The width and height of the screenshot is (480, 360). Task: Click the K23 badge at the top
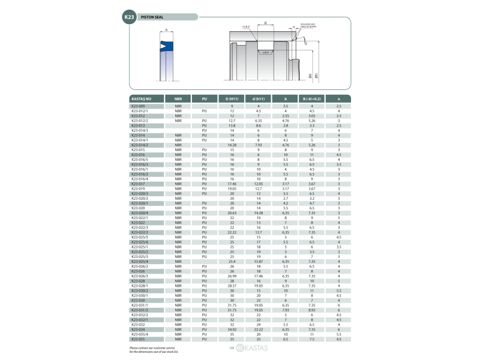pyautogui.click(x=129, y=17)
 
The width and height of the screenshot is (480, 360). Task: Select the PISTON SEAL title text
pyautogui.click(x=152, y=17)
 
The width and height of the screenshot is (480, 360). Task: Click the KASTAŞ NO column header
pyautogui.click(x=142, y=98)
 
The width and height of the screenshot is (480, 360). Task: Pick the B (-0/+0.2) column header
pyautogui.click(x=312, y=98)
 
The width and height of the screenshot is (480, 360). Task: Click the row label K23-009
pyautogui.click(x=139, y=106)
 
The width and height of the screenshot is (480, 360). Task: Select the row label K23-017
pyautogui.click(x=139, y=183)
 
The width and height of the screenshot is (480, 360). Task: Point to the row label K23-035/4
pyautogui.click(x=140, y=334)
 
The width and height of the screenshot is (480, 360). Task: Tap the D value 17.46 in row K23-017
pyautogui.click(x=232, y=183)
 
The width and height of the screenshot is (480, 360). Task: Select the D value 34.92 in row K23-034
pyautogui.click(x=232, y=329)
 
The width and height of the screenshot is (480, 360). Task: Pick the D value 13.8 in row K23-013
pyautogui.click(x=232, y=125)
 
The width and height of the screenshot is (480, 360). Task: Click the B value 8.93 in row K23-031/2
pyautogui.click(x=312, y=310)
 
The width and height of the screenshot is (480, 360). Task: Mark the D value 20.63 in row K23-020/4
pyautogui.click(x=232, y=212)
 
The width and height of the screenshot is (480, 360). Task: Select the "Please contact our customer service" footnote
pyautogui.click(x=152, y=347)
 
